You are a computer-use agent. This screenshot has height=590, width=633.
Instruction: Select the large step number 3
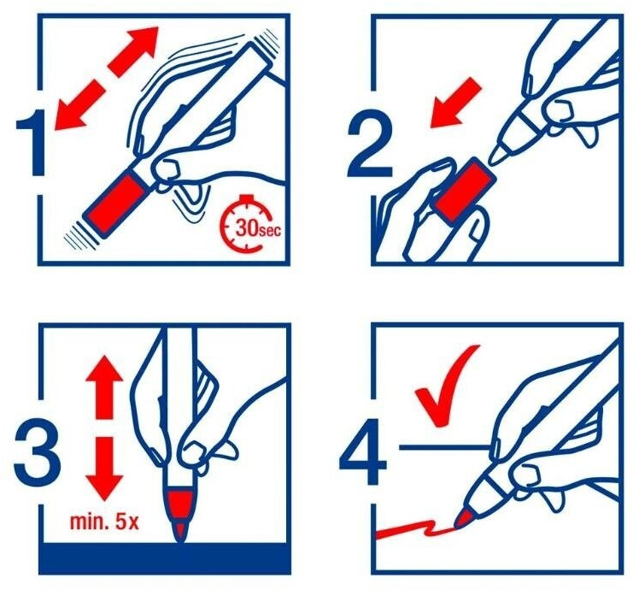pyautogui.click(x=37, y=452)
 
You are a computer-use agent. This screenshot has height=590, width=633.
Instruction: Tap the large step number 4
pyautogui.click(x=362, y=452)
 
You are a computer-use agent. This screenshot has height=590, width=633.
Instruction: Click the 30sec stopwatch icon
pyautogui.click(x=249, y=224)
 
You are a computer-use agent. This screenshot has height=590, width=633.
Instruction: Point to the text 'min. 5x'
pyautogui.click(x=104, y=522)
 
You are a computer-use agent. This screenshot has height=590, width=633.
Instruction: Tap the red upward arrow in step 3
pyautogui.click(x=103, y=387)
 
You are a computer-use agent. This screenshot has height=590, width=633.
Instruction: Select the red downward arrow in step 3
pyautogui.click(x=103, y=469)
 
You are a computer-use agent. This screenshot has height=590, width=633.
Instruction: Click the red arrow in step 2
pyautogui.click(x=455, y=103)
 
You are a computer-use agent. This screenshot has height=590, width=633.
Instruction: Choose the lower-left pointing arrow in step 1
pyautogui.click(x=79, y=105)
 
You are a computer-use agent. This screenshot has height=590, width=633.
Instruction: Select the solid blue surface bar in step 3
pyautogui.click(x=165, y=558)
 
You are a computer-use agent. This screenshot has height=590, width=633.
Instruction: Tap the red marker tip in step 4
pyautogui.click(x=464, y=518)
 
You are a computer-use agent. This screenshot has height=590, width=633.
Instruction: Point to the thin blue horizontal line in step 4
pyautogui.click(x=445, y=447)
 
